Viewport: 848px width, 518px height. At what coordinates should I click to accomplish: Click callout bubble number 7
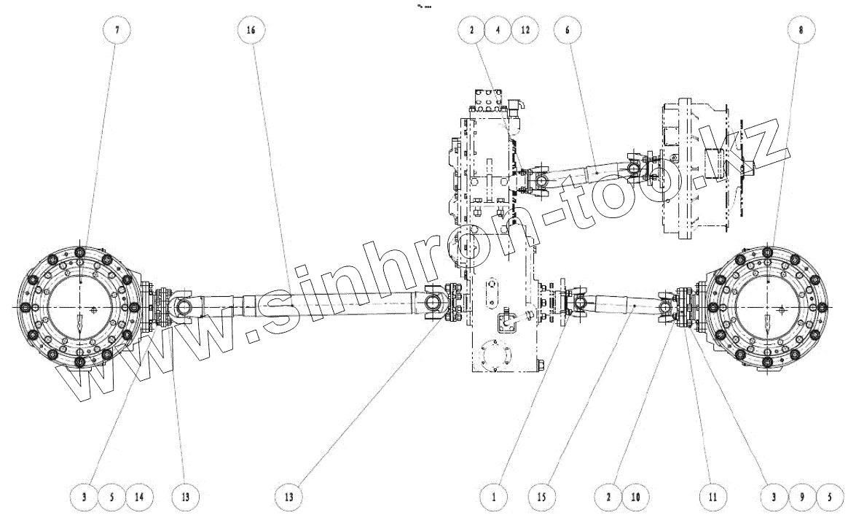[117, 31]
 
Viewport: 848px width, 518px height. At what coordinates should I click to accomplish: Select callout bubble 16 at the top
[251, 31]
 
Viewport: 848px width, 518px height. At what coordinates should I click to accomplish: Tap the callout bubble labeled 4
[498, 31]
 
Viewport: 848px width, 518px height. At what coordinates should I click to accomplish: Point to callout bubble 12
[525, 31]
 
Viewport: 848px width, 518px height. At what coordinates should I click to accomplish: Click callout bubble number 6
[567, 31]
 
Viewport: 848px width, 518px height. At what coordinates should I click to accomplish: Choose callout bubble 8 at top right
[801, 31]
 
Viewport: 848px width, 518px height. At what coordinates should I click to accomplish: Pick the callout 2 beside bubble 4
[471, 31]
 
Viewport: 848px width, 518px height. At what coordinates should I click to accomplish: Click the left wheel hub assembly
[79, 306]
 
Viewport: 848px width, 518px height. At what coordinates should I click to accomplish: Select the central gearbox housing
[503, 248]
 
